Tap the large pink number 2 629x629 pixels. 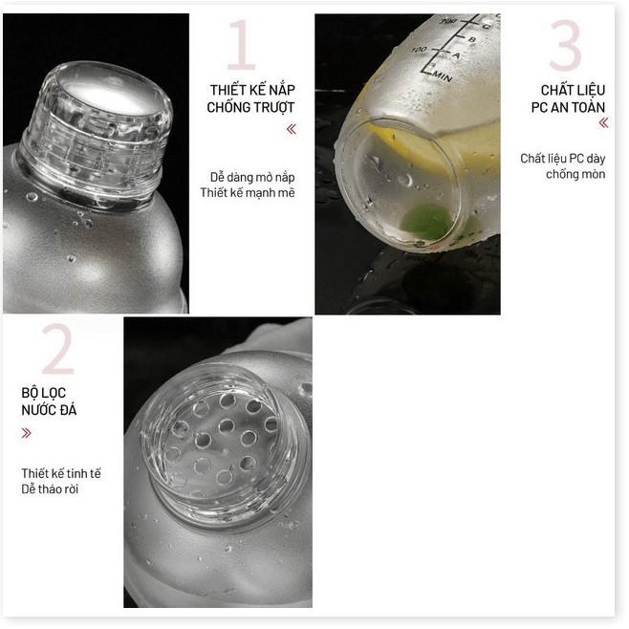pyautogui.click(x=57, y=348)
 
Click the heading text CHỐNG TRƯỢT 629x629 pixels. pyautogui.click(x=250, y=107)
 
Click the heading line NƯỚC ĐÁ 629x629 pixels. pyautogui.click(x=49, y=410)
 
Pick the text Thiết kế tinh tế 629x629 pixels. pyautogui.click(x=61, y=473)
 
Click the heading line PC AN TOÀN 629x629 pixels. pyautogui.click(x=569, y=107)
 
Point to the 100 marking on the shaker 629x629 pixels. pyautogui.click(x=419, y=48)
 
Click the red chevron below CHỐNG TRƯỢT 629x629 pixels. pyautogui.click(x=291, y=129)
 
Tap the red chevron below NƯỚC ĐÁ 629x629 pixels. pyautogui.click(x=26, y=433)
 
